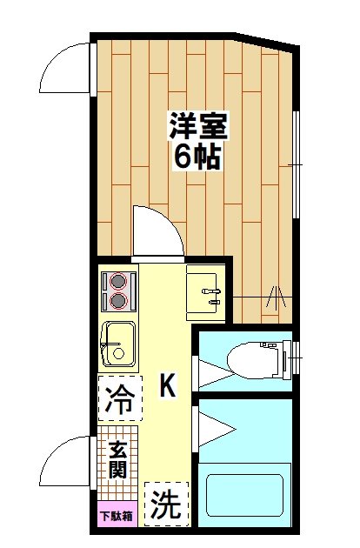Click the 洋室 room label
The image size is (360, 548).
(197, 127)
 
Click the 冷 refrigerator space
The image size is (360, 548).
(119, 401)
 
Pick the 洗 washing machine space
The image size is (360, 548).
(163, 504)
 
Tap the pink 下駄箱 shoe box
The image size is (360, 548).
(115, 517)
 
